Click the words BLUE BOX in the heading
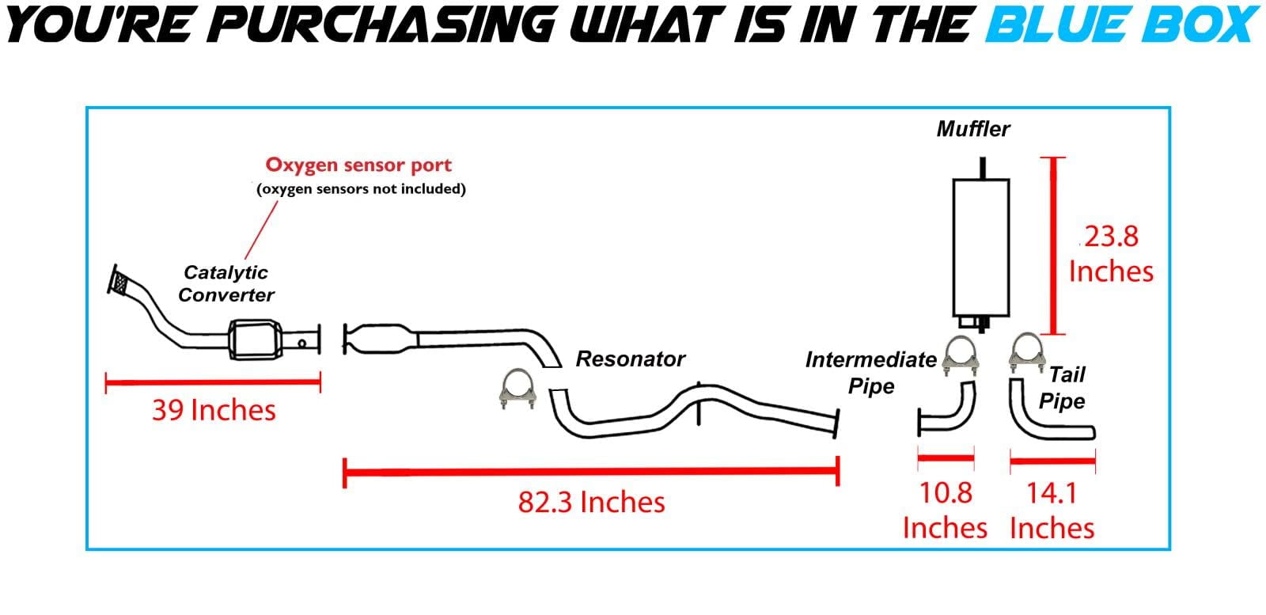pos(1121,25)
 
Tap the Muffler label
pos(973,130)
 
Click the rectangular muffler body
pos(980,248)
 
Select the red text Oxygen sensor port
pos(358,165)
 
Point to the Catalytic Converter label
pos(226,284)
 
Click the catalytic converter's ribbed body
pos(255,339)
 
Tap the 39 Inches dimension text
pos(214,410)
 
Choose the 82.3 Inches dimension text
pos(591,502)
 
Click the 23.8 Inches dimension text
pos(1111,254)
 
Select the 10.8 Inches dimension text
pos(945,511)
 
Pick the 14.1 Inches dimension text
pos(1052,511)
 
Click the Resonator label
pos(630,359)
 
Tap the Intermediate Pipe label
pos(871,373)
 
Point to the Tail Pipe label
pos(1062,388)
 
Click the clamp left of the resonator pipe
pos(517,389)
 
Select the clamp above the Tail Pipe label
pos(1026,353)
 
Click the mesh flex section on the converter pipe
pos(120,282)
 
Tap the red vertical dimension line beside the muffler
pos(1052,246)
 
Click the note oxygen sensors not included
pos(361,189)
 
